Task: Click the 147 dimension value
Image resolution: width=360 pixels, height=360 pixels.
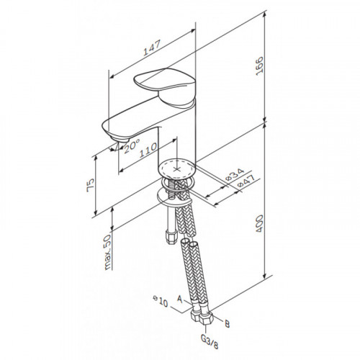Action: (x=152, y=48)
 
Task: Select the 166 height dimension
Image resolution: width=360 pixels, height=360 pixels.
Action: (x=259, y=66)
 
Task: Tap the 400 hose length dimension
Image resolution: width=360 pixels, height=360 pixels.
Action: (x=259, y=223)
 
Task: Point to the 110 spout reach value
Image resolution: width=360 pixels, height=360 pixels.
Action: (x=148, y=150)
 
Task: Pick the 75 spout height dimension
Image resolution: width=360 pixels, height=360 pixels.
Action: (x=91, y=185)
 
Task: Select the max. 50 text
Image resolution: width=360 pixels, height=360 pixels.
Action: (x=108, y=252)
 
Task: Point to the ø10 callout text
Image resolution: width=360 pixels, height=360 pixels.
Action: (x=161, y=302)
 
